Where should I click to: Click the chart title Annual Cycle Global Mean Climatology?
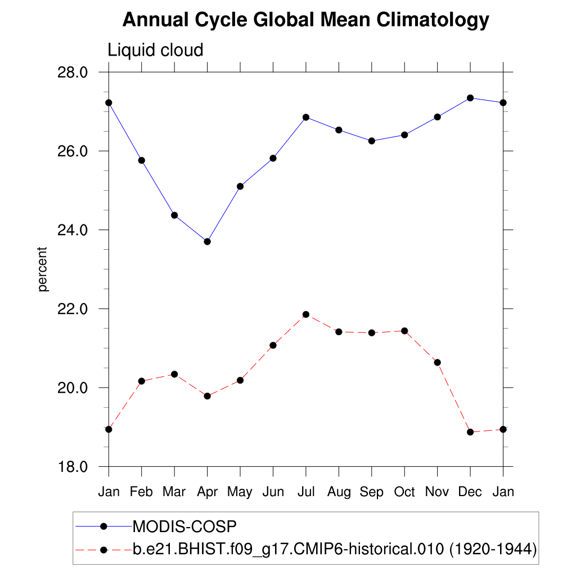pyautogui.click(x=305, y=20)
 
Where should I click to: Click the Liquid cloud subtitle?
pyautogui.click(x=155, y=51)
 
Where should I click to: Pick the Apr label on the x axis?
pyautogui.click(x=207, y=492)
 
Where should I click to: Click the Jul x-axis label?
pyautogui.click(x=305, y=492)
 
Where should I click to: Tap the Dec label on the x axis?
pyautogui.click(x=470, y=492)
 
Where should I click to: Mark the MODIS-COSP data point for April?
pyautogui.click(x=207, y=242)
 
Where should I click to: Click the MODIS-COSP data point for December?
pyautogui.click(x=470, y=98)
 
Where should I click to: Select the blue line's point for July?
pyautogui.click(x=306, y=117)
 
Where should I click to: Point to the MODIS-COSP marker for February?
pyautogui.click(x=142, y=160)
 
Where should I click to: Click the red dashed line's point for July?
pyautogui.click(x=306, y=314)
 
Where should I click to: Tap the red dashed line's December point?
pyautogui.click(x=470, y=432)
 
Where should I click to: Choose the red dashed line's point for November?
pyautogui.click(x=438, y=362)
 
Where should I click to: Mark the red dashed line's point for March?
pyautogui.click(x=174, y=374)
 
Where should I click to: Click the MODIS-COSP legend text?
pyautogui.click(x=184, y=527)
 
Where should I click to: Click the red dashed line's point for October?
pyautogui.click(x=404, y=331)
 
